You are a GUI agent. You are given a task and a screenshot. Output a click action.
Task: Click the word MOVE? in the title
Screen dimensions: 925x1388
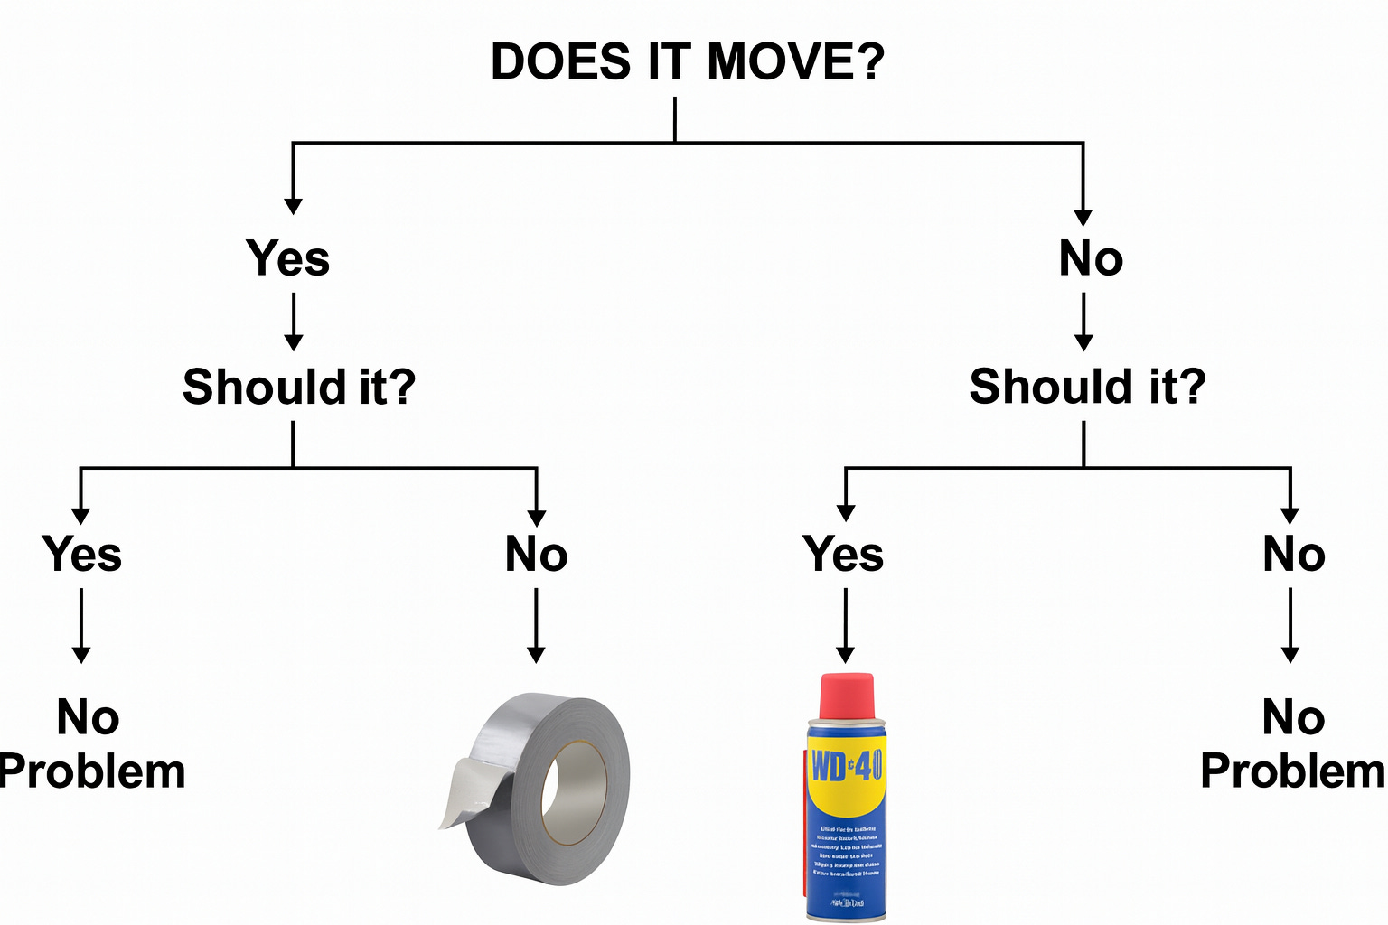(795, 62)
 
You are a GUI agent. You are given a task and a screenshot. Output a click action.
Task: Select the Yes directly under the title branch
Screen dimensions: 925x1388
(287, 258)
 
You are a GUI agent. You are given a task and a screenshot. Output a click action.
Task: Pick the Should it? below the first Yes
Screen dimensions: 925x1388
(298, 387)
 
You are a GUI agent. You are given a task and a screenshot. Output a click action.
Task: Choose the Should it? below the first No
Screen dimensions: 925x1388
(1087, 387)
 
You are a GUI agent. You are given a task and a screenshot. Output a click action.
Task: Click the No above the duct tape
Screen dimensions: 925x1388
(536, 554)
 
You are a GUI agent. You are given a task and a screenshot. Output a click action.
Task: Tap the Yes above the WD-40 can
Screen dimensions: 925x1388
(843, 554)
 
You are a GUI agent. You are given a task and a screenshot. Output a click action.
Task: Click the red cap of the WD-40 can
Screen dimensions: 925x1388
(846, 696)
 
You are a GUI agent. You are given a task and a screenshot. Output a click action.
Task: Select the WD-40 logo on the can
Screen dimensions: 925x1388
(846, 767)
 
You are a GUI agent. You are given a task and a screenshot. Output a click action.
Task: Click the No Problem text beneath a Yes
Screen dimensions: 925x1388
(90, 744)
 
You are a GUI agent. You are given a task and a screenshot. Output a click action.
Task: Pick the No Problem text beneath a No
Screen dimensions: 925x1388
(1292, 744)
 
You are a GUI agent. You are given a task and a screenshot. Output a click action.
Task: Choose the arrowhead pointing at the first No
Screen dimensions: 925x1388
(1083, 217)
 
